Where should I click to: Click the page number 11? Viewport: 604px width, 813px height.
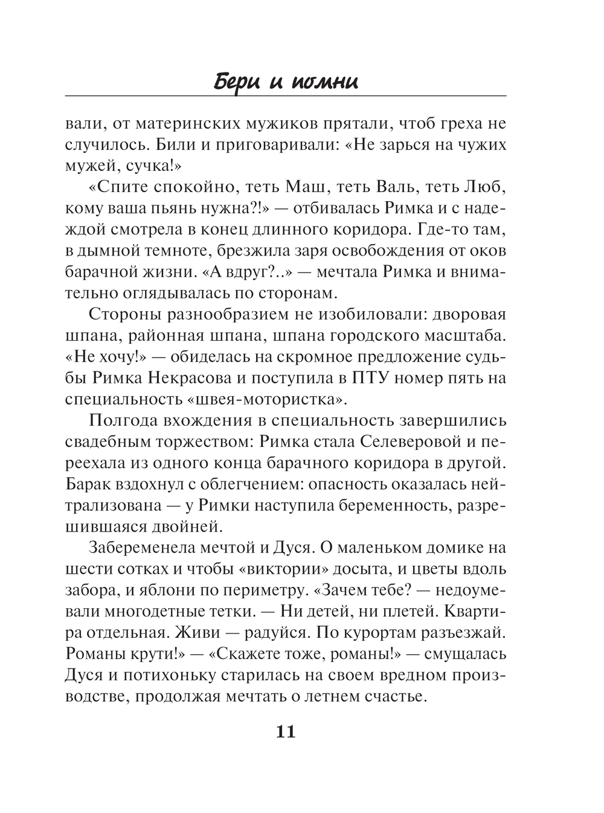(x=285, y=732)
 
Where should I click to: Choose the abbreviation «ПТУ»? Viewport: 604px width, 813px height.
(x=373, y=378)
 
